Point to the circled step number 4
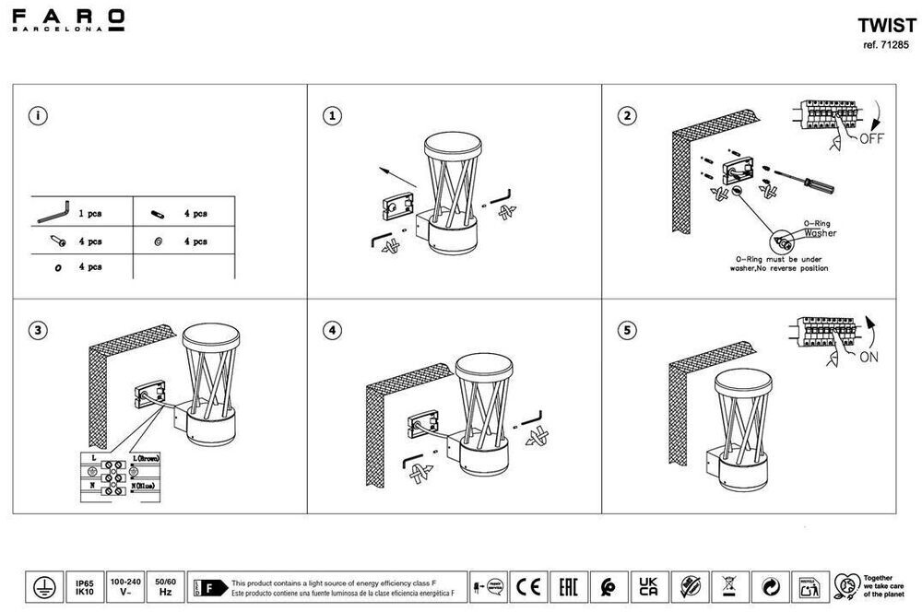(x=333, y=329)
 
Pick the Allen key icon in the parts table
(x=53, y=212)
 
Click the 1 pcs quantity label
(x=90, y=214)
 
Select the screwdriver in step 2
(x=802, y=179)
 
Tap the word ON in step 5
(x=869, y=359)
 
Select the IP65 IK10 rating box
(x=83, y=588)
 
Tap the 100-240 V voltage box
(x=125, y=588)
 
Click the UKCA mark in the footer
(x=647, y=586)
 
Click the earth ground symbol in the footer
(x=41, y=588)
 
